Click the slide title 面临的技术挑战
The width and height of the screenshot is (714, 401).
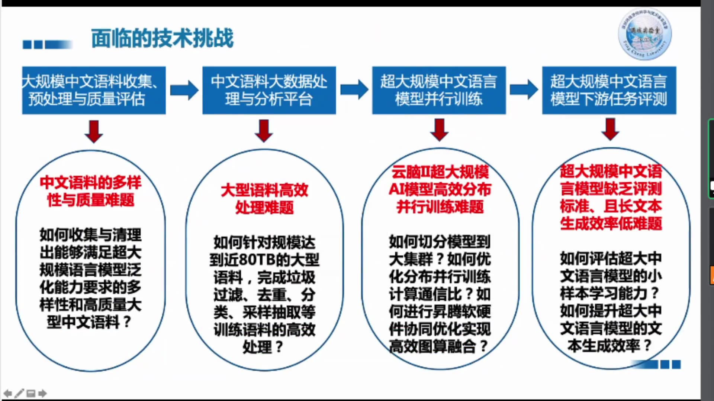click(x=162, y=38)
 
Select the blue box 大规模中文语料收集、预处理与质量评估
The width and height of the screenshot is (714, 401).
click(x=94, y=90)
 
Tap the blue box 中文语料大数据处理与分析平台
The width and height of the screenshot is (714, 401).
click(x=269, y=90)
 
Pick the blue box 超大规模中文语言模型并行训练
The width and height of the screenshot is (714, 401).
click(x=439, y=90)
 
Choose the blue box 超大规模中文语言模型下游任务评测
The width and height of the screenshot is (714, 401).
click(x=609, y=90)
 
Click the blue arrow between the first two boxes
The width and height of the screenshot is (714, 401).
click(x=184, y=90)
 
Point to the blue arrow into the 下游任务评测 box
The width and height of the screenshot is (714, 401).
click(x=524, y=89)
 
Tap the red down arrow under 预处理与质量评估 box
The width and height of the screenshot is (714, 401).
click(x=94, y=131)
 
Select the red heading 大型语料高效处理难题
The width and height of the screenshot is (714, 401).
click(x=264, y=199)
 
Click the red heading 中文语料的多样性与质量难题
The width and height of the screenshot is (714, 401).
click(x=90, y=191)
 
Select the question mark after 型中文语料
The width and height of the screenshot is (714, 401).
click(x=127, y=322)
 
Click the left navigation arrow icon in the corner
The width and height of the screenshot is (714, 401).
click(x=7, y=393)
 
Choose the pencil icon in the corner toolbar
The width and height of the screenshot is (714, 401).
click(x=19, y=393)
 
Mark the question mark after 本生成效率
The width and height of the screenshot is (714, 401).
click(x=647, y=346)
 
